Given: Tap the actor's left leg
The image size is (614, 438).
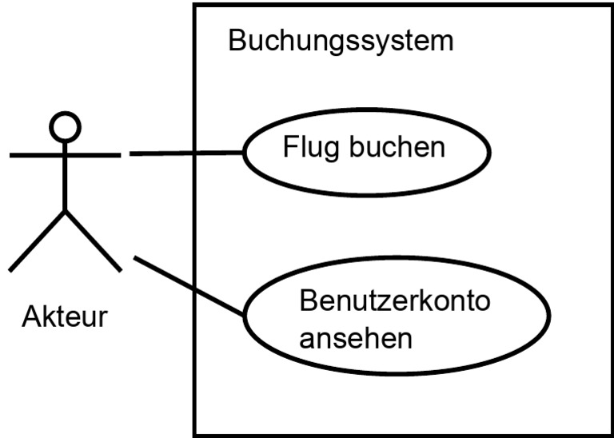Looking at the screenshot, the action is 38,241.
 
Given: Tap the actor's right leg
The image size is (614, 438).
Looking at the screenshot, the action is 94,241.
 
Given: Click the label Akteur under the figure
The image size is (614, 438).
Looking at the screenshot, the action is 65,317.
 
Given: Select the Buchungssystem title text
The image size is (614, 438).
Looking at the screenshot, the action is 341,42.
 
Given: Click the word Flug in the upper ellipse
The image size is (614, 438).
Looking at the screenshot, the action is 310,149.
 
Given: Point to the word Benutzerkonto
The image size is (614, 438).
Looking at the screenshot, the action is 395,301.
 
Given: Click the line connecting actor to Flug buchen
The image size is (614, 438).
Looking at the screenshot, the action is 186,153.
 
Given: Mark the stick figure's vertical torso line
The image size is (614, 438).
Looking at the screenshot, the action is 65,177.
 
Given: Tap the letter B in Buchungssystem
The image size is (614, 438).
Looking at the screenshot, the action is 237,40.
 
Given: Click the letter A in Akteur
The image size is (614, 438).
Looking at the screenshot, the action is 32,317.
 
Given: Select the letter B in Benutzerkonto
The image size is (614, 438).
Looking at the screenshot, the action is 308,301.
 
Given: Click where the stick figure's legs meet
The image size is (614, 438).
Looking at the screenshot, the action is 65,211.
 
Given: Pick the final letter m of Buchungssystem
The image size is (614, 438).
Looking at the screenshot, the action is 442,43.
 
